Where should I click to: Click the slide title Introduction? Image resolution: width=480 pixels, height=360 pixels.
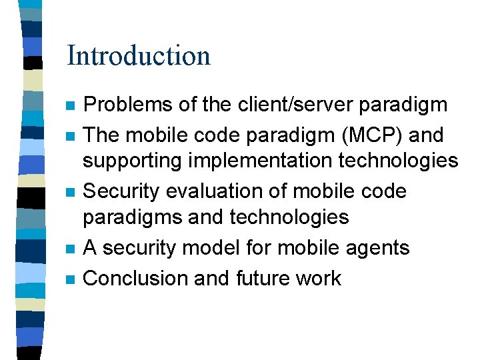point(139,55)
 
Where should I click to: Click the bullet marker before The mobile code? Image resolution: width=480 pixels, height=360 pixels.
point(71,136)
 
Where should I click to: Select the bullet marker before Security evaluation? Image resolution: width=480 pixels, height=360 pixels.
point(71,192)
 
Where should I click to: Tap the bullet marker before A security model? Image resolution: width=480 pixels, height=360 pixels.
point(71,249)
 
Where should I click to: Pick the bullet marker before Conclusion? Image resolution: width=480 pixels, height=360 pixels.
point(71,279)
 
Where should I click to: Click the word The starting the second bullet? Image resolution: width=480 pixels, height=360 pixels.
point(101,135)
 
